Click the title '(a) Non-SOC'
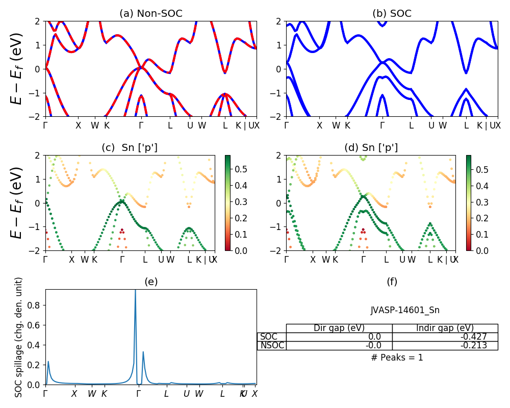tap(150, 14)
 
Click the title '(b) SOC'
tap(392, 14)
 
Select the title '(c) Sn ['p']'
tap(130, 148)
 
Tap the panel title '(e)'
tap(151, 282)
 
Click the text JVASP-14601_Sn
tap(405, 310)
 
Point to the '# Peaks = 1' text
tap(397, 358)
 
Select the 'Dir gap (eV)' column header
tap(339, 328)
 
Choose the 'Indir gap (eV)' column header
tap(445, 328)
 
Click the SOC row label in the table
tap(269, 337)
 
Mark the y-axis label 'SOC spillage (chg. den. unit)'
tap(19, 337)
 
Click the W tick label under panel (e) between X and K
tap(92, 394)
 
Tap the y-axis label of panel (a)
tap(17, 69)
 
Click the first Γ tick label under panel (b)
tap(286, 125)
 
